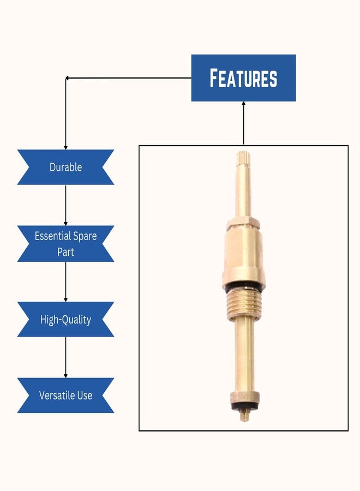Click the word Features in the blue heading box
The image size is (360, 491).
pyautogui.click(x=243, y=78)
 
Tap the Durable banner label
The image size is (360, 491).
pyautogui.click(x=66, y=167)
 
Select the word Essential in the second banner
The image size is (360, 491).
pyautogui.click(x=53, y=236)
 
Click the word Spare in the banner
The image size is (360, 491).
pyautogui.click(x=85, y=236)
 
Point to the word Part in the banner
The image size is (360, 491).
pyautogui.click(x=66, y=252)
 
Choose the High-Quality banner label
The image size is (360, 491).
pyautogui.click(x=66, y=320)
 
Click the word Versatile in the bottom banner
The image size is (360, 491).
pyautogui.click(x=57, y=395)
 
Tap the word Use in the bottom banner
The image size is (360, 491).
pyautogui.click(x=85, y=395)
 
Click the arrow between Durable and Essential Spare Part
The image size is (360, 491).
pyautogui.click(x=66, y=205)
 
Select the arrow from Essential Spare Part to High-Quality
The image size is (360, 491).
pyautogui.click(x=66, y=282)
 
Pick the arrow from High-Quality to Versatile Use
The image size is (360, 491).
pyautogui.click(x=66, y=357)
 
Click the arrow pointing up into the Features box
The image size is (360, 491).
pyautogui.click(x=244, y=123)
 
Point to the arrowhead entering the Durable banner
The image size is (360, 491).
pyautogui.click(x=66, y=147)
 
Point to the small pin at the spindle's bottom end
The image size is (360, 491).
pyautogui.click(x=244, y=416)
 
